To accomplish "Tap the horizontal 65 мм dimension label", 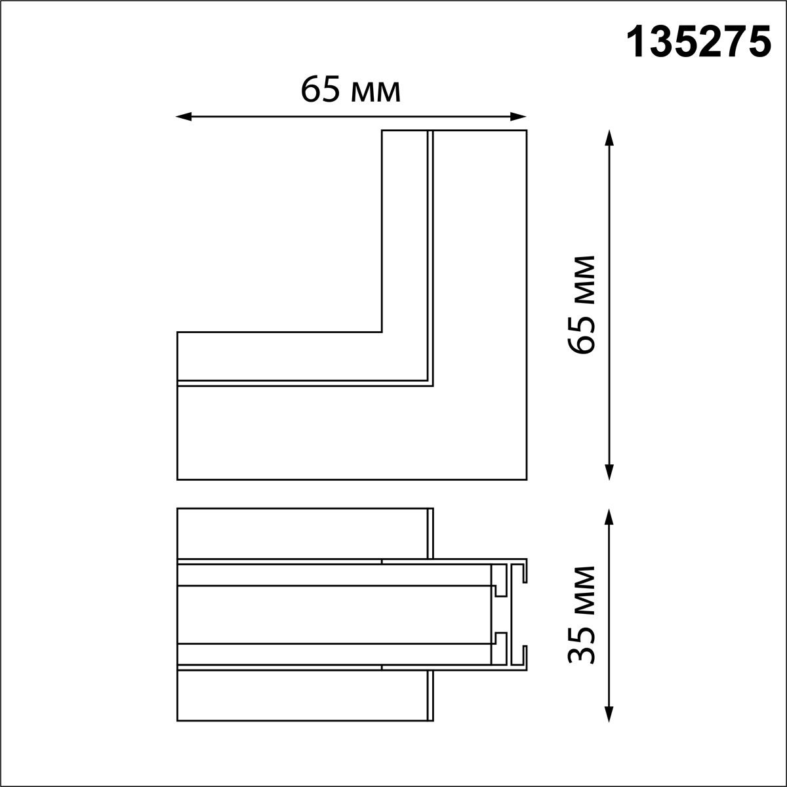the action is pos(350,89).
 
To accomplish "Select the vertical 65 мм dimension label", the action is pos(582,305).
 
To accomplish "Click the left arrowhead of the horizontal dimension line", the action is pos(184,117).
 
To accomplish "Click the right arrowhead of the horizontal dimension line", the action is pos(518,117).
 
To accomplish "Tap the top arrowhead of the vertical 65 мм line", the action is pos(609,138).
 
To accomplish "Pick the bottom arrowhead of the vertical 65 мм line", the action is pos(609,472).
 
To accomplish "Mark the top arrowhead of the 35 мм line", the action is pos(609,517).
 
